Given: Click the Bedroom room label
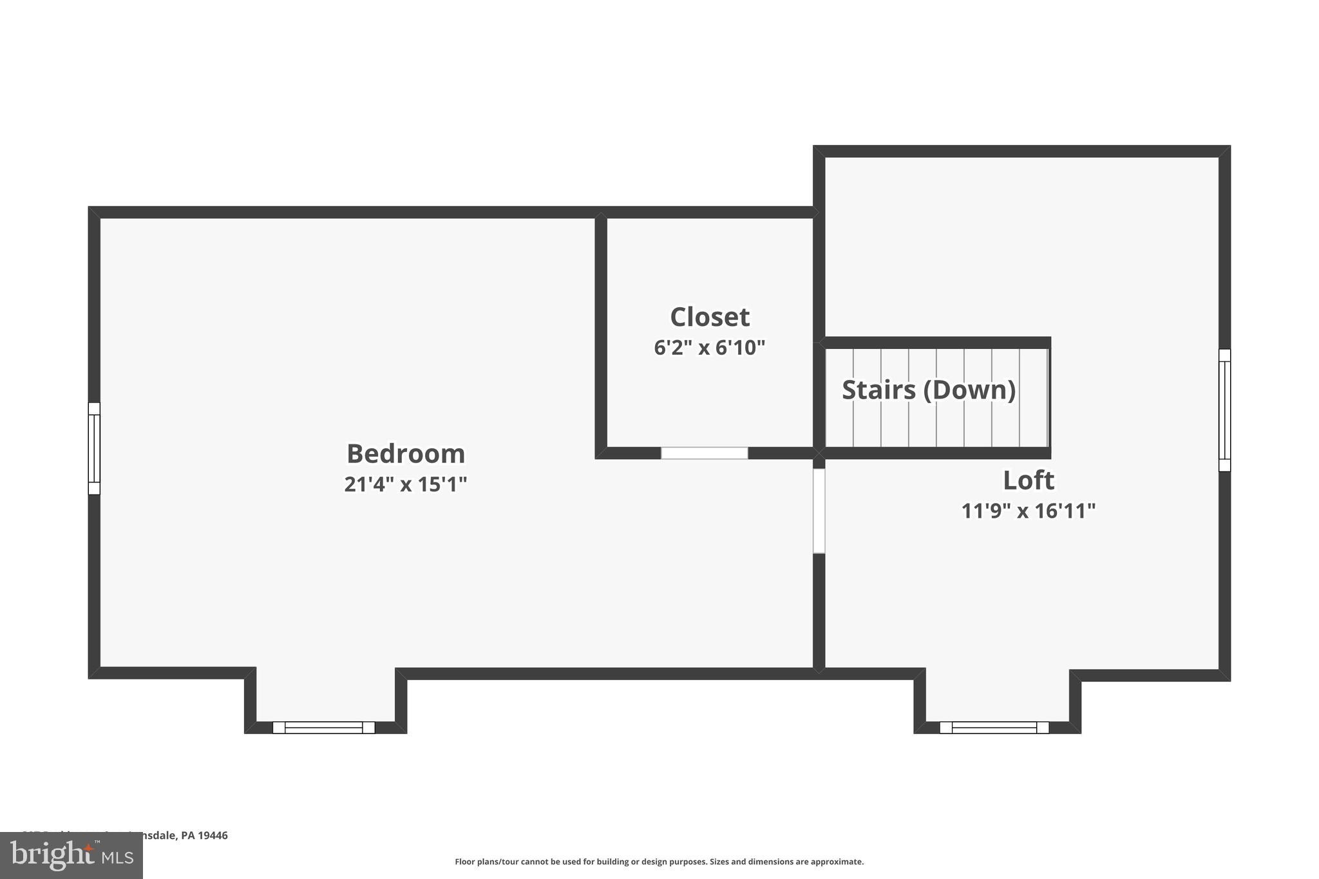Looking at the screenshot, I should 406,454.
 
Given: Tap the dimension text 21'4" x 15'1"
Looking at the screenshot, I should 406,484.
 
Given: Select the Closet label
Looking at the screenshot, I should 710,317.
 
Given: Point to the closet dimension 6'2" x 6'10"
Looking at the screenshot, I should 710,348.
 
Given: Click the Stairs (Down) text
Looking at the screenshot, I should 929,390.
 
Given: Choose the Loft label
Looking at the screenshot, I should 1029,480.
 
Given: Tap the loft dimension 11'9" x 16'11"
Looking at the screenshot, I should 1029,511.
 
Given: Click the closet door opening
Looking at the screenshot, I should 704,453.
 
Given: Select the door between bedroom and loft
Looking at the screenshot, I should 819,511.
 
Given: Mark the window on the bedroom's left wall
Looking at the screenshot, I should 94,448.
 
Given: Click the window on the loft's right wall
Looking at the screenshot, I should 1224,410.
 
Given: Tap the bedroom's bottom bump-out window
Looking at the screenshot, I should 323,728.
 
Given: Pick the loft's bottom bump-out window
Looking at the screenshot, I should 994,728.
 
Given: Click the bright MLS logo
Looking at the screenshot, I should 71,855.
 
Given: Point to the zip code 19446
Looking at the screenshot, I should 213,835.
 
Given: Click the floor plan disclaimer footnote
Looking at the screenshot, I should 659,862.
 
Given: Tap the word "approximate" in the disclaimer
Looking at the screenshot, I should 837,862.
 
